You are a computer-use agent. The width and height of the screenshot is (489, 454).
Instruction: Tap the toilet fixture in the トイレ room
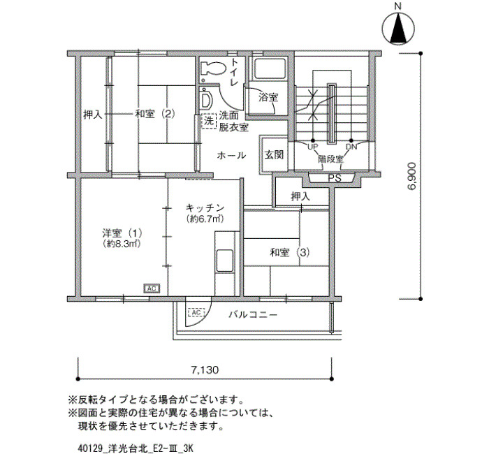point(212,68)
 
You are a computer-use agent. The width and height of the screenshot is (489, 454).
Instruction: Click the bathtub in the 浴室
point(270,69)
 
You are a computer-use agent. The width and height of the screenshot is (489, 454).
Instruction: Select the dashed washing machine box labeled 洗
point(209,121)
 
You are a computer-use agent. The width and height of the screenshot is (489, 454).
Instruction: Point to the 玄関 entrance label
point(274,154)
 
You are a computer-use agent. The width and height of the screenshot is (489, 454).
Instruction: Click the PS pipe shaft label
point(335,179)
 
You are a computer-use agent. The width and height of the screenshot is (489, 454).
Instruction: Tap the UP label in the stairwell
point(312,147)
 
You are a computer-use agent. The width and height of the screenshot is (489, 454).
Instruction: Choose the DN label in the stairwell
point(351,147)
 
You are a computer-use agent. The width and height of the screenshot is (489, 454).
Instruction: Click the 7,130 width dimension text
point(205,369)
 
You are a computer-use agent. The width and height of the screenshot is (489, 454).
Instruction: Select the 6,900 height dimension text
point(411,176)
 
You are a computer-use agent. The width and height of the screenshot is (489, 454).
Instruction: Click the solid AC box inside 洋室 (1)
point(152,288)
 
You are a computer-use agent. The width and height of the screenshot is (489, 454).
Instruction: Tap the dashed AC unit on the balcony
point(196,312)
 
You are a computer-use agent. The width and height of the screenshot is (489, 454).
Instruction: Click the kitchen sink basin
point(225,261)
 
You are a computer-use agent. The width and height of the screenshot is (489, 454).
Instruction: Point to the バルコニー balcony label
point(253,314)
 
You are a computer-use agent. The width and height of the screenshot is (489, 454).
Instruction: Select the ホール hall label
point(231,155)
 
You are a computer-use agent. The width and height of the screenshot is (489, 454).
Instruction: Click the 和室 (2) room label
point(155,114)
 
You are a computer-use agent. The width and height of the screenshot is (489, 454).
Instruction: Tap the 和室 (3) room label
point(290,252)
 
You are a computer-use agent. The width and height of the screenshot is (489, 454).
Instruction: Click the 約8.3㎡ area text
point(122,244)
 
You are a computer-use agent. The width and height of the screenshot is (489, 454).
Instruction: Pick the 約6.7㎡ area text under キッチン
point(205,219)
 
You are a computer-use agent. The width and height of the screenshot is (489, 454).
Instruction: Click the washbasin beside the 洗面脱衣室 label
point(206,99)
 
